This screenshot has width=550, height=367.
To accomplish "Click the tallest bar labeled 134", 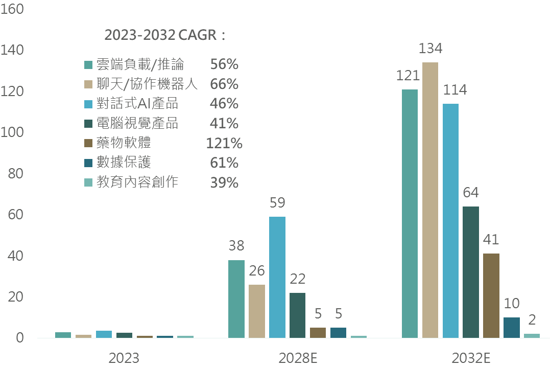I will (x=430, y=200).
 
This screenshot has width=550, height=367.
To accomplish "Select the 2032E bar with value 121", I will (x=410, y=214).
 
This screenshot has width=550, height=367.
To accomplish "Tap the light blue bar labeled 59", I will (x=277, y=277).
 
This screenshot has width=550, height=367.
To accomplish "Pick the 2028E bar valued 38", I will (x=236, y=299).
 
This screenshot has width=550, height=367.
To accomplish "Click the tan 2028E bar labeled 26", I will (x=256, y=311).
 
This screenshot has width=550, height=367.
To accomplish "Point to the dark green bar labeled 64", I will (x=471, y=272).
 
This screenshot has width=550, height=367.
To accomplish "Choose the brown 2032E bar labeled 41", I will (x=491, y=295).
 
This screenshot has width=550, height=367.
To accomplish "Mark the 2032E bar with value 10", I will (x=512, y=328).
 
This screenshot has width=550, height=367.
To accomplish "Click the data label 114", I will (x=455, y=90).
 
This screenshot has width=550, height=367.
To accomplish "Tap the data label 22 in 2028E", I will (x=297, y=279).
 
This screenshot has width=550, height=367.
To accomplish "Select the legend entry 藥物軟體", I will (x=124, y=143).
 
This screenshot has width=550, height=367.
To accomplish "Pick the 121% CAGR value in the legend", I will (x=224, y=143).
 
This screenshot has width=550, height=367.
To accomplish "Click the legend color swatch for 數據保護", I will (x=88, y=163).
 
